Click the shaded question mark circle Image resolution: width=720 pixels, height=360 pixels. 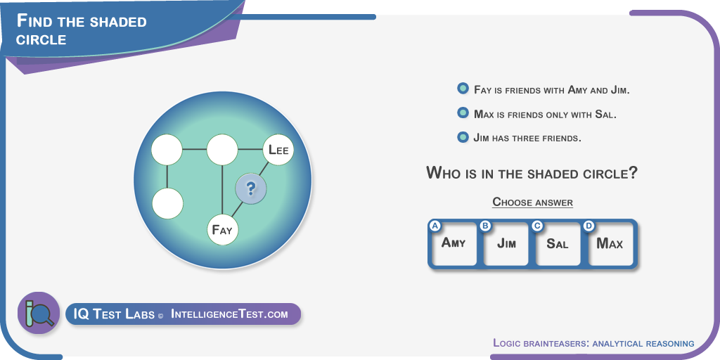(x=251, y=188)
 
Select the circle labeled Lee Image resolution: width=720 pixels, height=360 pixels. (x=278, y=150)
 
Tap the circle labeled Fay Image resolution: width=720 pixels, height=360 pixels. (x=223, y=229)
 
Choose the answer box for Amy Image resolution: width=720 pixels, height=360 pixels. (x=454, y=244)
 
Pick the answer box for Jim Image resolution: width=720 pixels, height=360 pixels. (x=506, y=244)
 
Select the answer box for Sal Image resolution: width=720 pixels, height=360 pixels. (x=558, y=244)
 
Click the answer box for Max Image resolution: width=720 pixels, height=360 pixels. (x=610, y=244)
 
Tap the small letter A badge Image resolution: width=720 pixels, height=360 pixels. (x=435, y=226)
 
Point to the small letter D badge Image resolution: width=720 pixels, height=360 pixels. (x=589, y=226)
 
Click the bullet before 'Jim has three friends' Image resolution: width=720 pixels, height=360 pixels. (x=463, y=137)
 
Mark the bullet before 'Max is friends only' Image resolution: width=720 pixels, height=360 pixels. (x=463, y=113)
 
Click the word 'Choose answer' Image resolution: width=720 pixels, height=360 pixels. (x=533, y=202)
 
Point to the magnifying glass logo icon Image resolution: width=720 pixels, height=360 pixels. (x=39, y=313)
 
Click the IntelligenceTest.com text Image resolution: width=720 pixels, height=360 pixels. (x=230, y=314)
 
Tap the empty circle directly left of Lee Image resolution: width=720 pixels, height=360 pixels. (x=222, y=150)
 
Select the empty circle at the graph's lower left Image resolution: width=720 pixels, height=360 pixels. (x=167, y=203)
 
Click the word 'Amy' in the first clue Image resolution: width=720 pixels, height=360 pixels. (x=577, y=89)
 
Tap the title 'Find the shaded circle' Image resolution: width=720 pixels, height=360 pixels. (x=82, y=30)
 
